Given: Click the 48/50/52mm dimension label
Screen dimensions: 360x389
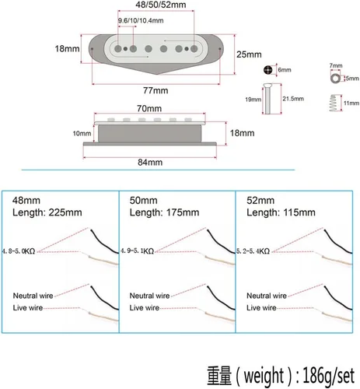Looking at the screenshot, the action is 161,5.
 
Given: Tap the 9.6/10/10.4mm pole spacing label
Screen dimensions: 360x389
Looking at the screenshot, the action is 141,20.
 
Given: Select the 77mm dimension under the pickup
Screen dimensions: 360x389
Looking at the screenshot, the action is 156,90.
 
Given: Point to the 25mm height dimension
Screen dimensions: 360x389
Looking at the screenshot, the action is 249,54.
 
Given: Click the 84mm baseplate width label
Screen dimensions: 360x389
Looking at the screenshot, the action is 150,163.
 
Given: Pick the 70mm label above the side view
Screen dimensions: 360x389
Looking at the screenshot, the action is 149,108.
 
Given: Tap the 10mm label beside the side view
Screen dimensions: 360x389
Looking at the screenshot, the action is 82,133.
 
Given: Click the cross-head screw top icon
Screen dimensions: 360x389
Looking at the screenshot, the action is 268,70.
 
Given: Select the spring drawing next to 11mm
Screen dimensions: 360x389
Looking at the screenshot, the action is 334,103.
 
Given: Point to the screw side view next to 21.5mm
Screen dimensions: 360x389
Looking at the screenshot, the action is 268,99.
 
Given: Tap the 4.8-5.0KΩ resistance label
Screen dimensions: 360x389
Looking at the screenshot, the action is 18,251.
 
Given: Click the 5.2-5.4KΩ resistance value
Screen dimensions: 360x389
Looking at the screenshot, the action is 253,251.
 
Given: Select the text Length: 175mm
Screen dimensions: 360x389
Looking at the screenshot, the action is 164,212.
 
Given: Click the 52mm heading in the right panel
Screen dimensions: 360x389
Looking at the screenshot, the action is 260,200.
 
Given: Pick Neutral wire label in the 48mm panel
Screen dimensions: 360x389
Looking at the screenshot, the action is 33,296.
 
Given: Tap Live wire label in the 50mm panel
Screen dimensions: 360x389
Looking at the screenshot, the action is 145,308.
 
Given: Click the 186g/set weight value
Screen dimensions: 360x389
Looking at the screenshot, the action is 328,375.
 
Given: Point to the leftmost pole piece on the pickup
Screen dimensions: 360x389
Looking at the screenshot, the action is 118,48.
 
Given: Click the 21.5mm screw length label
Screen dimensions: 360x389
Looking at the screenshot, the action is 293,99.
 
